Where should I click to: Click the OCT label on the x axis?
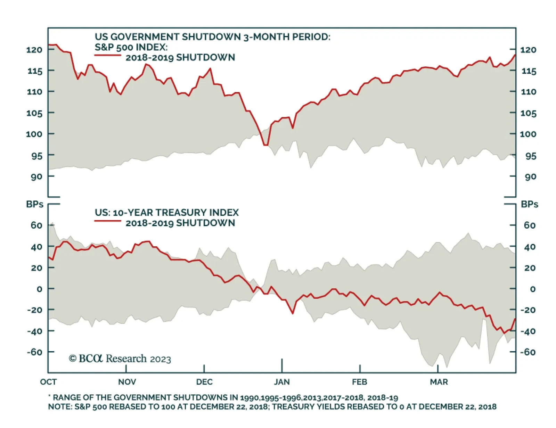point(48,382)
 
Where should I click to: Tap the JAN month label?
point(281,382)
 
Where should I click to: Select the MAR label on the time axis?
point(439,382)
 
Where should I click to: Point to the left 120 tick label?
point(34,50)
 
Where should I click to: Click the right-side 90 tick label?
point(530,177)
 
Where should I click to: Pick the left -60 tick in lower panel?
point(34,352)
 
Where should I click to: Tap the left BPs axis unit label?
point(34,204)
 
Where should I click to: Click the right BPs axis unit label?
point(529,204)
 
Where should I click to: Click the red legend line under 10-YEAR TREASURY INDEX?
point(108,221)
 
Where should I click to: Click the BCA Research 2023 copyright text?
point(120,359)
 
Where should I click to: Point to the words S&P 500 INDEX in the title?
point(131,47)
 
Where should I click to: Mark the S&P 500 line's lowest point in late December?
point(266,145)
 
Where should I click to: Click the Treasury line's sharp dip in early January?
point(293,313)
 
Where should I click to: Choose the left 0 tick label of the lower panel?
point(39,289)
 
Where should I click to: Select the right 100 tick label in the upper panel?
point(528,134)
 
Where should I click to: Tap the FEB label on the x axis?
point(359,382)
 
